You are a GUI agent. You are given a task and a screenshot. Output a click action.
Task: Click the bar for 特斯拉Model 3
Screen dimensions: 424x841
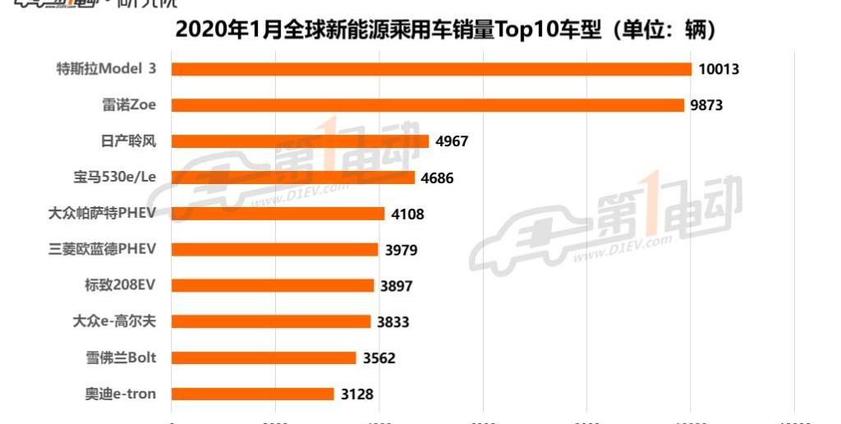(x=431, y=69)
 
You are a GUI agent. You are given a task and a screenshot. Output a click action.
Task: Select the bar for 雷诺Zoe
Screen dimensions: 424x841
(x=427, y=105)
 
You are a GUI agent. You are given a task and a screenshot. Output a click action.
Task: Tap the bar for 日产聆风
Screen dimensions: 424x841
(x=300, y=141)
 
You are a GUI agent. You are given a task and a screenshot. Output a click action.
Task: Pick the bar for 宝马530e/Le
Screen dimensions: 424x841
(x=292, y=177)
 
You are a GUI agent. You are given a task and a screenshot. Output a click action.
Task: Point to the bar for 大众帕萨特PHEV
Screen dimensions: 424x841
(x=278, y=214)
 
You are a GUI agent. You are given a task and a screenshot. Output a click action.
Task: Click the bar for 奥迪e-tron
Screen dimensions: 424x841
(x=252, y=394)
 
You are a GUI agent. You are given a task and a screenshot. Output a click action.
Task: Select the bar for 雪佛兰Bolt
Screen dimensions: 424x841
(x=264, y=358)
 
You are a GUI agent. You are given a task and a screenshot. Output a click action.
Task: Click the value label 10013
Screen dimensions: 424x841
(x=719, y=69)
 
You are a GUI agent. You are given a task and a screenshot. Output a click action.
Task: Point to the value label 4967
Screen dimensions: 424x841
(x=452, y=141)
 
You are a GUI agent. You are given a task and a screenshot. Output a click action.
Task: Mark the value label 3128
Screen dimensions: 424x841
(x=356, y=394)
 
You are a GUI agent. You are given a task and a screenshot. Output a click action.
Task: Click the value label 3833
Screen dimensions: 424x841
(x=393, y=322)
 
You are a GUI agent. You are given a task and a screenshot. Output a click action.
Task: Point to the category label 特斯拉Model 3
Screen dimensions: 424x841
(x=106, y=69)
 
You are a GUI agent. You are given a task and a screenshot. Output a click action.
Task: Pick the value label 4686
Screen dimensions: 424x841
(x=437, y=177)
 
